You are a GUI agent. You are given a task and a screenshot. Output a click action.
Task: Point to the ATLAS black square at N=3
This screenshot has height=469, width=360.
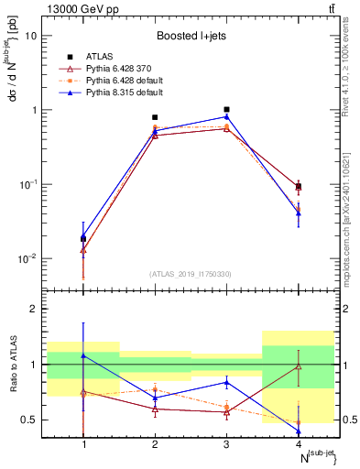tap(226, 109)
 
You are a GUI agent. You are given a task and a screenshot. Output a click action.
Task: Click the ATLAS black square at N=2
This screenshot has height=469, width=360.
tap(155, 117)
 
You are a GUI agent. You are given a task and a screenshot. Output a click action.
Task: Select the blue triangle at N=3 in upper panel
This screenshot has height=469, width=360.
tap(226, 116)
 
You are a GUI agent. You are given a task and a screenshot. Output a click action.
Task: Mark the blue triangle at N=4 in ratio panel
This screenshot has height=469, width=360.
tap(298, 431)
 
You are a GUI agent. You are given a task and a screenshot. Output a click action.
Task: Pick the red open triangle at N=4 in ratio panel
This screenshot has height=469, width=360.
tap(298, 366)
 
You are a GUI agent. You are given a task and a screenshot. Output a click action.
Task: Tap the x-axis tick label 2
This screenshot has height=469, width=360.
tap(155, 445)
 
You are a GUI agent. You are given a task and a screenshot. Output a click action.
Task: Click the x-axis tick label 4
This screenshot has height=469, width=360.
tap(298, 445)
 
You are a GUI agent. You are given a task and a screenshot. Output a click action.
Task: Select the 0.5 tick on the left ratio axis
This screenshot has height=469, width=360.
tap(31, 420)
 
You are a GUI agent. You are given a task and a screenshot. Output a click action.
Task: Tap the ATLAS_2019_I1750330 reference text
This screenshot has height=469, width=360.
tap(191, 274)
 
